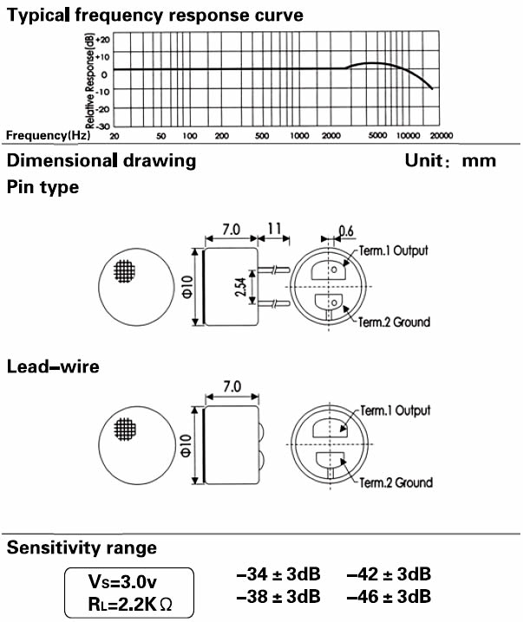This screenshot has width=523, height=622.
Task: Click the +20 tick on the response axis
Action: [103, 40]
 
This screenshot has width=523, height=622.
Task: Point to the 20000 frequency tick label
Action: [441, 136]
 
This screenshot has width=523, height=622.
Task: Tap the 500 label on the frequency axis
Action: [262, 136]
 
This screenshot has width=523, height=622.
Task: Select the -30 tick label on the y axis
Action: [103, 126]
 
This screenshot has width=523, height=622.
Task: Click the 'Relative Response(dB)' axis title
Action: [89, 81]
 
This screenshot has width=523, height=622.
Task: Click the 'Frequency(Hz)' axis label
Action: [48, 135]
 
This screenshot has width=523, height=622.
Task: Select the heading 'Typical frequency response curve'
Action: [155, 16]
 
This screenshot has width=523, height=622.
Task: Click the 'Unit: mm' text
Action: [450, 160]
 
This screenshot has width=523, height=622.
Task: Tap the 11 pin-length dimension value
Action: [274, 229]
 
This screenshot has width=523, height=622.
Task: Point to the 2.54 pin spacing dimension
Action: [240, 287]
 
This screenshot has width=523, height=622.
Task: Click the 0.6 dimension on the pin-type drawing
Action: [346, 231]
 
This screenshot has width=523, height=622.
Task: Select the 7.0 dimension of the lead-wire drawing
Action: [232, 386]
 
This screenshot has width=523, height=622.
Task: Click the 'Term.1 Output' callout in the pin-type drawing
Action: [394, 250]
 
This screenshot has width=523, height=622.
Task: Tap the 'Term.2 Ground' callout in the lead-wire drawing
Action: [396, 483]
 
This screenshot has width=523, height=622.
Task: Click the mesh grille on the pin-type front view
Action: [125, 271]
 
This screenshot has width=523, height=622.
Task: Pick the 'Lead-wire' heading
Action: [53, 366]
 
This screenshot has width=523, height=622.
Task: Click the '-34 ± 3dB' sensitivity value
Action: [278, 574]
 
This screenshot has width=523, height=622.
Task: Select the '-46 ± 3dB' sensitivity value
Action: [389, 596]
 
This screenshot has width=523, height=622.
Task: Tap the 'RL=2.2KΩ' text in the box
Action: [130, 604]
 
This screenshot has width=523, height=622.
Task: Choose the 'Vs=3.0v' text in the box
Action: [122, 582]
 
